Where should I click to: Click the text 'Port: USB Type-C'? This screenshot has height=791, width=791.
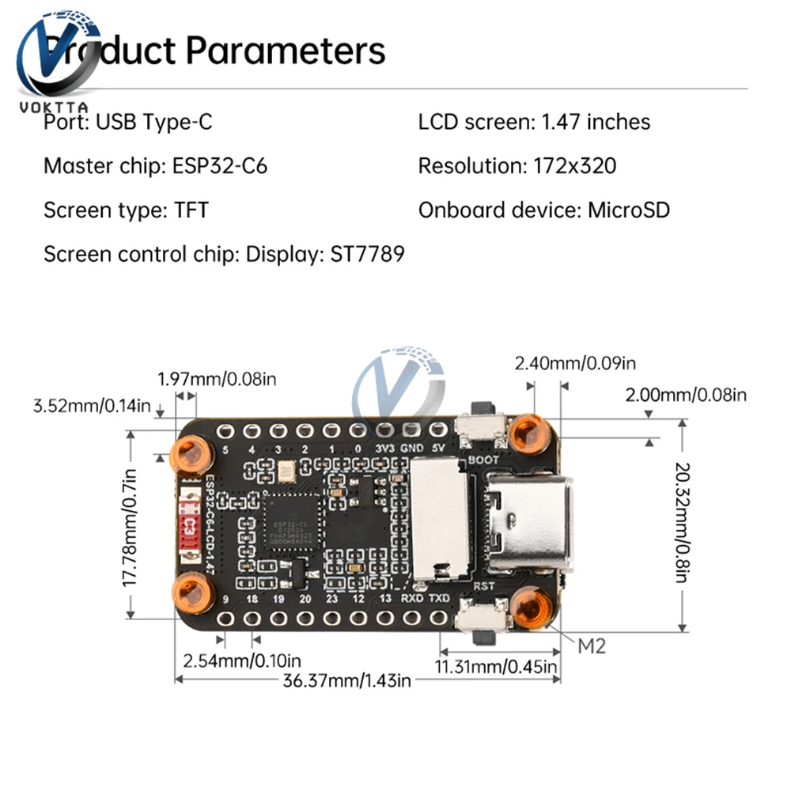(128, 123)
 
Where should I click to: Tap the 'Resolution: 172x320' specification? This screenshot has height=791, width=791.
(517, 167)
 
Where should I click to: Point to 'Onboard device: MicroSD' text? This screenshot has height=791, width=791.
(544, 210)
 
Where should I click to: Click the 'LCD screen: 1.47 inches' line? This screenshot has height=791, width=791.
(534, 123)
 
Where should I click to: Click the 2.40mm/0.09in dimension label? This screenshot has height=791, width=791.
(575, 364)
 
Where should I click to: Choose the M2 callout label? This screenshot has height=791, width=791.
(592, 646)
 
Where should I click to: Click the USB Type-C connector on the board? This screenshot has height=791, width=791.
(528, 522)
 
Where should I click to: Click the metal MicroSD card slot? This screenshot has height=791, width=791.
(439, 518)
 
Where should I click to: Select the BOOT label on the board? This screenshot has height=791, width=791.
(483, 460)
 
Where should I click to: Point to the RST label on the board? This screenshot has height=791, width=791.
(484, 586)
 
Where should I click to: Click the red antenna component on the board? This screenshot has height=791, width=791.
(188, 526)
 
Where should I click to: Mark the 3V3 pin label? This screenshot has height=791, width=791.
(385, 448)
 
